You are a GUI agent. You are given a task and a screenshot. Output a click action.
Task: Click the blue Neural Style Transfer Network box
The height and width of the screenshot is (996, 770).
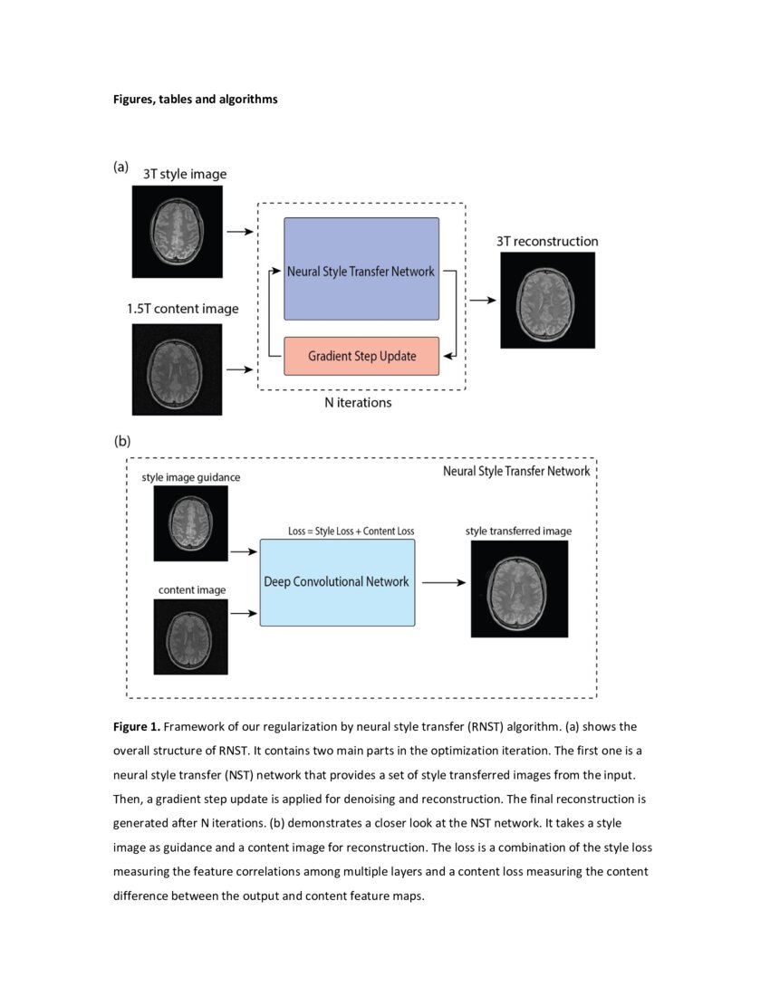pos(361,269)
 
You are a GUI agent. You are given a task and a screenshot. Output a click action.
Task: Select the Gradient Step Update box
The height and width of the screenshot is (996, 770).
pos(361,356)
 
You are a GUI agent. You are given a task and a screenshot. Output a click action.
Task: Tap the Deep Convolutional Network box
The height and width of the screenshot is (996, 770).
pos(337,582)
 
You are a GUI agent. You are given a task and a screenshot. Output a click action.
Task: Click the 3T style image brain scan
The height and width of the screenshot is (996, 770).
pos(177,231)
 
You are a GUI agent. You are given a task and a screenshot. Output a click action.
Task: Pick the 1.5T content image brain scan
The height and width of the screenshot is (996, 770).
pos(177,369)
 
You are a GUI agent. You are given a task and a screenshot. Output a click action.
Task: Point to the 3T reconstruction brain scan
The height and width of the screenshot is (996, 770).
pos(547,301)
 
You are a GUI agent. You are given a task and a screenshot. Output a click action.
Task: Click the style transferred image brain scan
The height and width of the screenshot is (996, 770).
pos(519,589)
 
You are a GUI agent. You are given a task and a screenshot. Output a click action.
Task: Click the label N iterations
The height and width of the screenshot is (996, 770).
pos(358,403)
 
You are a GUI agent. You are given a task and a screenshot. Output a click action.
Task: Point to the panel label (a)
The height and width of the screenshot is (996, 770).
pos(121,167)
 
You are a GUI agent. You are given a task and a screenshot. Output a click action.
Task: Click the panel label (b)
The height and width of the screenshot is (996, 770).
pos(122,442)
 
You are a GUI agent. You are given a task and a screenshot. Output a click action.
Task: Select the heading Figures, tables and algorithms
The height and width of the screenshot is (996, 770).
pos(195,100)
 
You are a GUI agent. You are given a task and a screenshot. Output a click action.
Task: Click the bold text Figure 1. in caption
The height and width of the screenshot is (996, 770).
pos(137,726)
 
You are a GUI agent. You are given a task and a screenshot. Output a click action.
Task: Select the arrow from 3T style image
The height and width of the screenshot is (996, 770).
pos(239,232)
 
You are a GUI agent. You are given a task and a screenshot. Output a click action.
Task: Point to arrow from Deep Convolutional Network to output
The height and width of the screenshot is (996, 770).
pos(443,583)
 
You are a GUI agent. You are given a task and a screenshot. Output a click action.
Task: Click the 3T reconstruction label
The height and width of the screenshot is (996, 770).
pos(547,242)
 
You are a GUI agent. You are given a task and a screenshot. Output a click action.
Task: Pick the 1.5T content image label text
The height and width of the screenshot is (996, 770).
pos(183,309)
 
